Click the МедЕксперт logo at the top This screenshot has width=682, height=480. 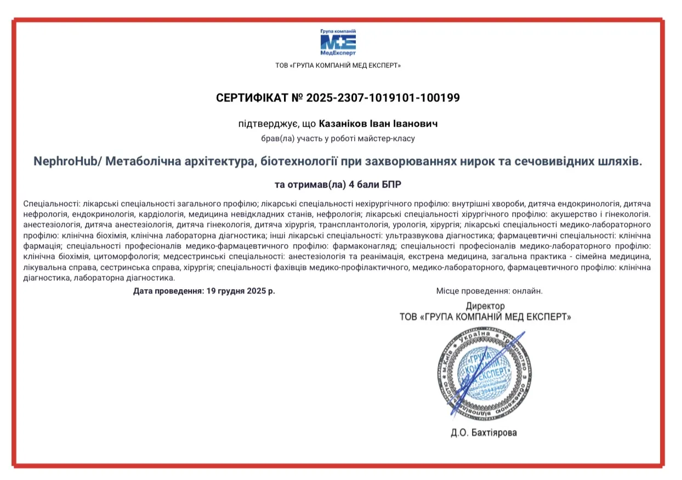point(338,42)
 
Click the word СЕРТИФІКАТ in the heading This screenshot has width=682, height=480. point(252,98)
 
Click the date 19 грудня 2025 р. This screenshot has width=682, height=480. point(241,291)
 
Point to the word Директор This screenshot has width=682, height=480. point(485,306)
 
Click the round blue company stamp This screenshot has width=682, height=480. point(482,372)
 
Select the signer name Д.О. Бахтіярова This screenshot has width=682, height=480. point(484,433)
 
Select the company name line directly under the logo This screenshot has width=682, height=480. point(338,66)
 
